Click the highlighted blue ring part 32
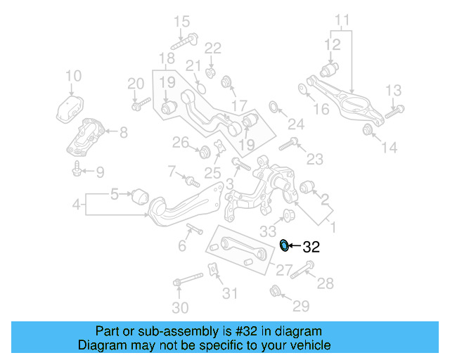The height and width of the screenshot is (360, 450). (284, 245)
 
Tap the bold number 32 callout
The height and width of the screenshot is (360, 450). (311, 247)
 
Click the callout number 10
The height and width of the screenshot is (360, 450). (73, 76)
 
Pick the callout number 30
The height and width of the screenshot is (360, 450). (181, 308)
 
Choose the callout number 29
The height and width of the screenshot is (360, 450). (300, 306)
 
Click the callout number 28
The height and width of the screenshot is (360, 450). (326, 283)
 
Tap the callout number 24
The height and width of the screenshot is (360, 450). (295, 125)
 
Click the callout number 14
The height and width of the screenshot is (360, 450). (390, 148)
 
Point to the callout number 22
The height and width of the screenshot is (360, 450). (212, 48)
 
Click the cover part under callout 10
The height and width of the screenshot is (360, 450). (72, 110)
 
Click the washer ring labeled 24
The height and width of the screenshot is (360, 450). (274, 106)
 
